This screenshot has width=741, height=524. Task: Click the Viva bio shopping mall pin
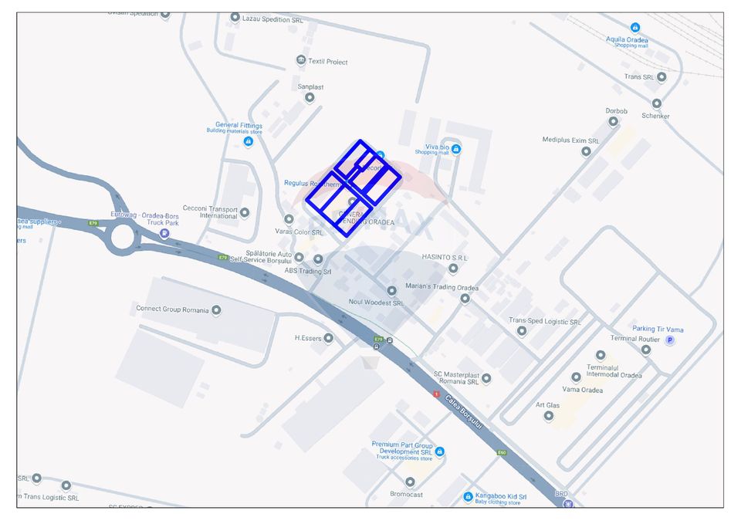click(x=456, y=149)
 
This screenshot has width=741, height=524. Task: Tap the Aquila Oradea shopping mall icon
click(x=634, y=28)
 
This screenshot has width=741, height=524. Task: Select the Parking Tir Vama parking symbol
click(x=669, y=340)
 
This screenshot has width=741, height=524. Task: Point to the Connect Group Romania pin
click(x=216, y=310)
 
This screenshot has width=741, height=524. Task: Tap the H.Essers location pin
click(x=329, y=338)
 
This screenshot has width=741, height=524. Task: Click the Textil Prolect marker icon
click(x=301, y=60)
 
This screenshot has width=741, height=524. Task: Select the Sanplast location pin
click(x=310, y=97)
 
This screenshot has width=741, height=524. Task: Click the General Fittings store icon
click(x=249, y=142)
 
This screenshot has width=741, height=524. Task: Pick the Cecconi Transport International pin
click(x=245, y=212)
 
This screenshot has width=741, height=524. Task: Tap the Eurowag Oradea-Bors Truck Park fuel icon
click(x=164, y=233)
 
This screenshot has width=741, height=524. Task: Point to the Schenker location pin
click(x=657, y=103)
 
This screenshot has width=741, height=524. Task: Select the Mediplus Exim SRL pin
click(x=586, y=151)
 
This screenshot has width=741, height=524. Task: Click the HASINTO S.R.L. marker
click(x=453, y=269)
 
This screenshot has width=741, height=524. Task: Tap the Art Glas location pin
click(x=549, y=415)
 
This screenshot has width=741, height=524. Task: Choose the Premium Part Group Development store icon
click(x=439, y=451)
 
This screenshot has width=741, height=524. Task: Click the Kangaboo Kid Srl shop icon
click(x=468, y=497)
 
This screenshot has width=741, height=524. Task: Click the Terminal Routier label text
click(x=635, y=339)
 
